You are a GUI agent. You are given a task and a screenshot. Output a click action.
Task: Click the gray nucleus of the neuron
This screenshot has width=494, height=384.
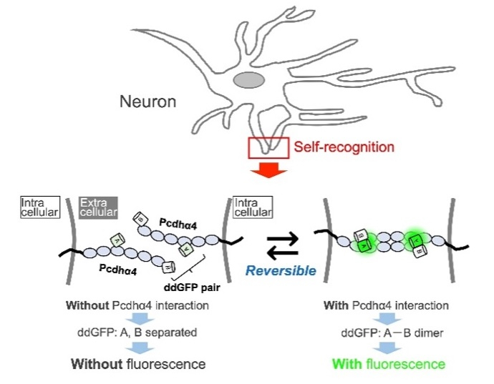pos(248,81)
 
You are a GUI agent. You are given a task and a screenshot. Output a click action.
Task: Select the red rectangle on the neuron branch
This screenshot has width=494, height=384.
pos(268,148)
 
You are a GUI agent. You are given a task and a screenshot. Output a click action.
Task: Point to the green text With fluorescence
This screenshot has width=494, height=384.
pos(388,364)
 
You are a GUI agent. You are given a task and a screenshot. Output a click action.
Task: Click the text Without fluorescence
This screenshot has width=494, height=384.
pos(137,364)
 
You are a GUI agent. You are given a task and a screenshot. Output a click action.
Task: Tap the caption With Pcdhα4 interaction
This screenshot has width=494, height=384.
pos(387,305)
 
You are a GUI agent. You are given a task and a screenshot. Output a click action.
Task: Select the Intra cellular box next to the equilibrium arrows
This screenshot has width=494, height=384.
pos(253,207)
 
